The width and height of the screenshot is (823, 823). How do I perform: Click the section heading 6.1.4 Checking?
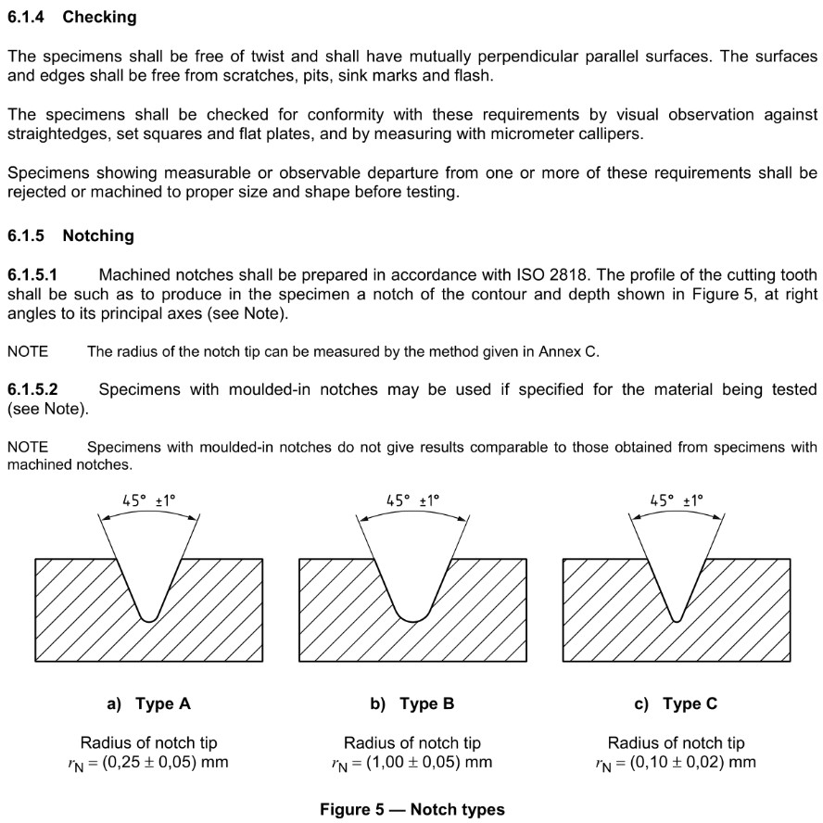(x=71, y=17)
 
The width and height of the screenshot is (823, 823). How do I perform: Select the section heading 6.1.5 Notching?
(x=70, y=235)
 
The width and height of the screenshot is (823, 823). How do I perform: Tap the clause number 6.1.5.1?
(x=32, y=275)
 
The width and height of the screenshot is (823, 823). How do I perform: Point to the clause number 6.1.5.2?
(x=32, y=389)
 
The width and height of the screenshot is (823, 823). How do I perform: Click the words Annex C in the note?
(x=568, y=352)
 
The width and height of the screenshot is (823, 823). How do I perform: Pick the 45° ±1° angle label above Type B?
(x=412, y=500)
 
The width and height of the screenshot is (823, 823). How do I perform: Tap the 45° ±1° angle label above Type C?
(x=677, y=500)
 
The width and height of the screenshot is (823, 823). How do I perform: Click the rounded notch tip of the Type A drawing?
(x=148, y=617)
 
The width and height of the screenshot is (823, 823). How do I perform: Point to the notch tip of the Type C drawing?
(x=677, y=618)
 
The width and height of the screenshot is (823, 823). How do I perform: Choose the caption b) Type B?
(x=412, y=703)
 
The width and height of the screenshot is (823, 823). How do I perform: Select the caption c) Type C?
(x=676, y=703)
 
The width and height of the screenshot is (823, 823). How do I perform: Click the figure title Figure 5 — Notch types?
(x=412, y=809)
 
